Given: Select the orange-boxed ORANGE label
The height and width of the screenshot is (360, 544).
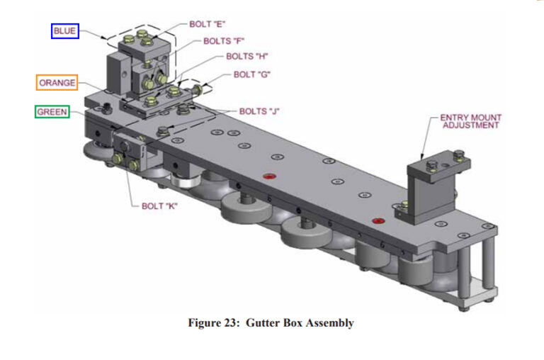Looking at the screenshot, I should [x=57, y=82].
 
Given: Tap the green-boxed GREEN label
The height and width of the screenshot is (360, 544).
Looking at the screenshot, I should [x=52, y=112].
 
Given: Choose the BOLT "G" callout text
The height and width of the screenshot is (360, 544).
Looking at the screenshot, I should [x=252, y=74].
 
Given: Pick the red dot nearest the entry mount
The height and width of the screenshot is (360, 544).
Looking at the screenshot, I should [x=378, y=220].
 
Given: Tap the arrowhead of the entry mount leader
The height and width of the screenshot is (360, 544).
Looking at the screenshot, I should [x=423, y=158].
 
